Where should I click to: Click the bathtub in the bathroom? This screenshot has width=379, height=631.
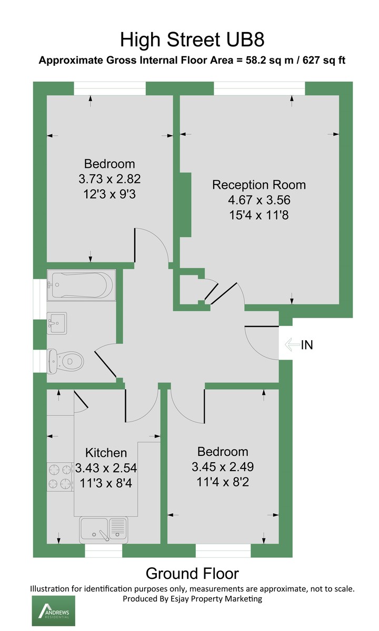81,286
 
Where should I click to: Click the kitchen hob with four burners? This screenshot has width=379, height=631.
60,476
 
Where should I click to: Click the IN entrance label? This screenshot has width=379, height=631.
307,345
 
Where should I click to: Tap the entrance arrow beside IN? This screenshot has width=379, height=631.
291,345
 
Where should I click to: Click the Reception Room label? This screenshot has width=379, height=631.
258,185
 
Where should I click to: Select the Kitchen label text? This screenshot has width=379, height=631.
106,453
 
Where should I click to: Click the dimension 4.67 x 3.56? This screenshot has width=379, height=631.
258,200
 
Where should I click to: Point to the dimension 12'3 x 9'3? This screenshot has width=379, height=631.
109,193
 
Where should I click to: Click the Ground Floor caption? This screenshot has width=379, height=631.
192,573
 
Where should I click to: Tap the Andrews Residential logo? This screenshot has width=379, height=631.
54,610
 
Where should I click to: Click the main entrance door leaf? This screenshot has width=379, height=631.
262,327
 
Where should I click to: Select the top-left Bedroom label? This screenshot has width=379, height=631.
109,164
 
